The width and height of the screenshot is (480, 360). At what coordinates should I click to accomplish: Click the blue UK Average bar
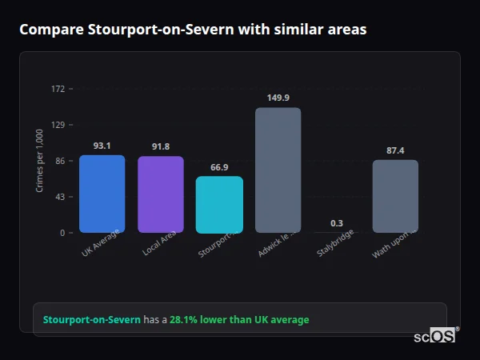coord(102,194)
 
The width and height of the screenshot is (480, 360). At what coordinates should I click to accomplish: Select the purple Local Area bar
coord(160,194)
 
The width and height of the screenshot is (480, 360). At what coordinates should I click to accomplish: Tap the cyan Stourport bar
coord(219,205)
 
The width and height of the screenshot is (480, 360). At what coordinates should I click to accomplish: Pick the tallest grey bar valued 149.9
coord(278,170)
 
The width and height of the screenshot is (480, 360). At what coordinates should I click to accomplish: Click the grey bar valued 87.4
coord(395,196)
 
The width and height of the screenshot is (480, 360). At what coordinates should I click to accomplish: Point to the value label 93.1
coord(102,146)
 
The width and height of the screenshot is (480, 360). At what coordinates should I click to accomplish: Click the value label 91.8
coord(161,146)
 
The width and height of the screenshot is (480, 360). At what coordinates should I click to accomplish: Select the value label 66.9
coord(219,167)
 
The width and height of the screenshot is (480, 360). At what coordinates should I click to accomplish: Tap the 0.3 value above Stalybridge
coord(337,223)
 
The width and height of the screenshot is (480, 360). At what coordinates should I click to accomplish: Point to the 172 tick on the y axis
coord(58,89)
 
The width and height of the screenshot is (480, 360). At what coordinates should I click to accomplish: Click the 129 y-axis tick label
coord(58,125)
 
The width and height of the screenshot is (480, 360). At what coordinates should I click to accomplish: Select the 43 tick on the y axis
coord(60,197)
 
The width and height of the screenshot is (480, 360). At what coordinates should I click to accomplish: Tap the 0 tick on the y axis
coord(62,233)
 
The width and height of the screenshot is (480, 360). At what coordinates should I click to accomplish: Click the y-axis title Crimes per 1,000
coord(40,161)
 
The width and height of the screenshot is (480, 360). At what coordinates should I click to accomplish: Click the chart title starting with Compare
coord(193,30)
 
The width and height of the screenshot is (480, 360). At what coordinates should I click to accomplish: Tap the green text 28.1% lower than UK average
coord(238,320)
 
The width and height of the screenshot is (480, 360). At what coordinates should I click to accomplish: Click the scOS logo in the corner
coord(434,337)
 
